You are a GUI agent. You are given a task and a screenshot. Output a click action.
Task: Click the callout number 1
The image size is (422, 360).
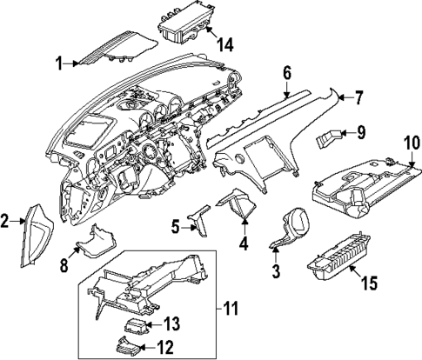point(59,62)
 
